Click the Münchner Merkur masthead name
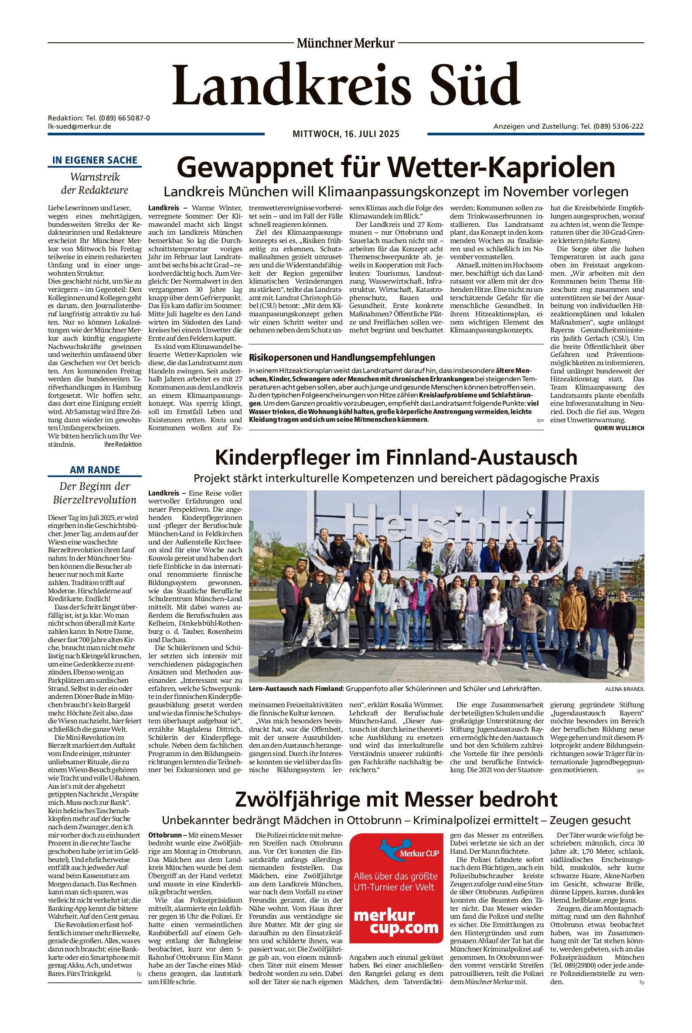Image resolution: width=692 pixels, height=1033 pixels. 345,43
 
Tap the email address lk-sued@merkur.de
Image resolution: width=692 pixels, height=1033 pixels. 79,126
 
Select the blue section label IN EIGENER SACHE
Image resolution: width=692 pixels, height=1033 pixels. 95,160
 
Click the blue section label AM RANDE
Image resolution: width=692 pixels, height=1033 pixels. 95,470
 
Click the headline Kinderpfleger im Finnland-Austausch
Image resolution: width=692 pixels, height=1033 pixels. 396,457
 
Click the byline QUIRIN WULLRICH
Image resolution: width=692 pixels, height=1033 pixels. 619,428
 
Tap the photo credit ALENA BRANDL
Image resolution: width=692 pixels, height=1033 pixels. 624,689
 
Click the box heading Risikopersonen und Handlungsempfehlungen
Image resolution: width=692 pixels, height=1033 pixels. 342,358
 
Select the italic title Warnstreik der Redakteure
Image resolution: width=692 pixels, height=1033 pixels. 95,184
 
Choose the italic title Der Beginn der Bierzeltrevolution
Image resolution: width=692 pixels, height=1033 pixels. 95,493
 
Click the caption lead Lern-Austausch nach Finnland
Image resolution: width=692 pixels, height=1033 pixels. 296,689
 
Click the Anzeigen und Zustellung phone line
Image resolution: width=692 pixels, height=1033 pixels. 569,126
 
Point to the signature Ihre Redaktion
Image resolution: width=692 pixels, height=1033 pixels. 123,445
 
